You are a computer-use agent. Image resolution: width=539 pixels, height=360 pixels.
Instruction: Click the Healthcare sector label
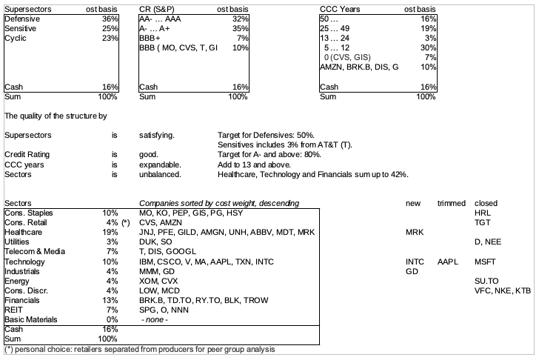24,232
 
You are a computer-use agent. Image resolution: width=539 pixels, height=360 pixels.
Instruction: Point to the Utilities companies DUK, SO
158,242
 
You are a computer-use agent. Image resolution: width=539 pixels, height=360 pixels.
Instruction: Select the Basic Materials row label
31,319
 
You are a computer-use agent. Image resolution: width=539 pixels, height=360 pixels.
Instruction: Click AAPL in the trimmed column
449,261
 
